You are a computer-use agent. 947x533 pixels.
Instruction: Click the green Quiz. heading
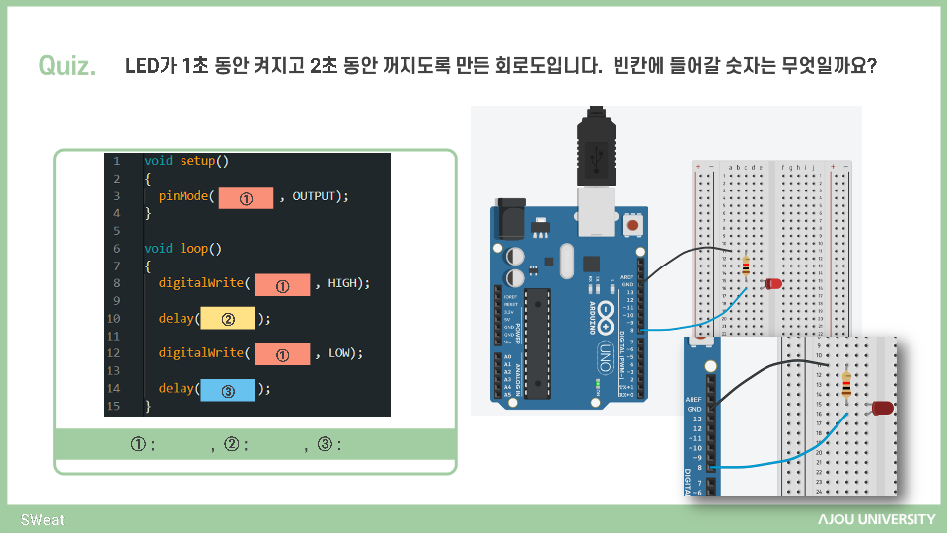(67, 66)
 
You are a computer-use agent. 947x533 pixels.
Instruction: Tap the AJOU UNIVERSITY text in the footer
(876, 519)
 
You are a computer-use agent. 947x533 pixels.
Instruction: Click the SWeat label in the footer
(42, 519)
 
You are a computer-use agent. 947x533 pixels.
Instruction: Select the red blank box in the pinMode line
(246, 197)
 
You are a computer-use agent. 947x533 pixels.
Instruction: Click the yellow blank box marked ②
(228, 319)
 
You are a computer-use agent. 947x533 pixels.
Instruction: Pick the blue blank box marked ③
(228, 390)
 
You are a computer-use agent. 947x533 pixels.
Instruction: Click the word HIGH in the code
(344, 283)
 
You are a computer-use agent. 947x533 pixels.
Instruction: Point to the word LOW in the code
(340, 352)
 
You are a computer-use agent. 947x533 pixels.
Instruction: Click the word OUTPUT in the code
(315, 196)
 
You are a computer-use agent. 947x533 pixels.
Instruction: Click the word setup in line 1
(197, 160)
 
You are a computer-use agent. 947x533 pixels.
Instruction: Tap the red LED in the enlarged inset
(881, 407)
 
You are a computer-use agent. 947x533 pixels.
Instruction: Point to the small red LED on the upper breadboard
(773, 284)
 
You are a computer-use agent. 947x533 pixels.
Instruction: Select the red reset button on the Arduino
(632, 228)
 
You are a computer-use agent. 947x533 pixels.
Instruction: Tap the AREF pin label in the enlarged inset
(693, 399)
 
